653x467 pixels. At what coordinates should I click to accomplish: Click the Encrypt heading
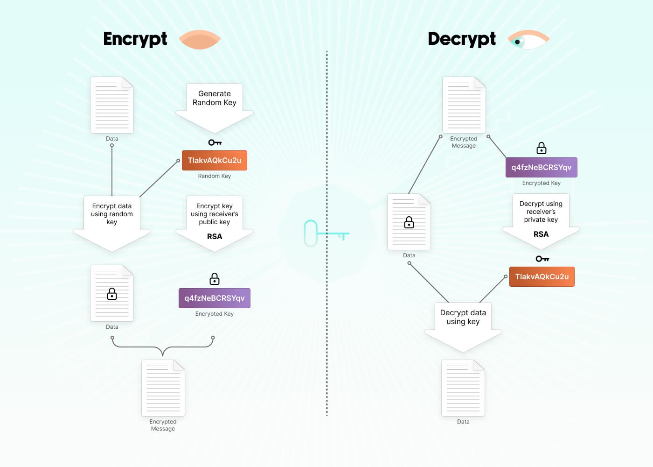tap(135, 39)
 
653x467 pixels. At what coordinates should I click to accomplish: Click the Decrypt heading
tap(462, 39)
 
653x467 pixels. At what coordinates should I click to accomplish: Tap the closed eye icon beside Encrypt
tap(200, 39)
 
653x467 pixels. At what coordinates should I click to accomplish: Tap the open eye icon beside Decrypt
tap(528, 39)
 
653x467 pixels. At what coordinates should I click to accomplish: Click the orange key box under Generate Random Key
tap(215, 160)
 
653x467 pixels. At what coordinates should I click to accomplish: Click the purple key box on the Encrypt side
tap(215, 298)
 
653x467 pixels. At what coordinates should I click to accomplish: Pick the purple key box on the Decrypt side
tap(542, 167)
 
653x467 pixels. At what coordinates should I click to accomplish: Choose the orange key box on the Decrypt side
tap(542, 276)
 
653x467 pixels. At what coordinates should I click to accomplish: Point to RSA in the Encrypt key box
tap(215, 236)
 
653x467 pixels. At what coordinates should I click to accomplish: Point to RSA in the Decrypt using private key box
tap(541, 234)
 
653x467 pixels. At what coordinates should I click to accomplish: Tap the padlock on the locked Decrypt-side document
tap(409, 222)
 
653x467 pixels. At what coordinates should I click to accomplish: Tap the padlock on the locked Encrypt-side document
tap(112, 294)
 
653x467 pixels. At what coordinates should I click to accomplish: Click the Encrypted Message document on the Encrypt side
tap(163, 388)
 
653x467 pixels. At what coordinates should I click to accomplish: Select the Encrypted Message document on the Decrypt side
tap(464, 105)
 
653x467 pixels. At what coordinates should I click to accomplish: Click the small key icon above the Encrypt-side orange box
tap(215, 142)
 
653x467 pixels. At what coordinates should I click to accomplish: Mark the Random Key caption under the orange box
tap(215, 176)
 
